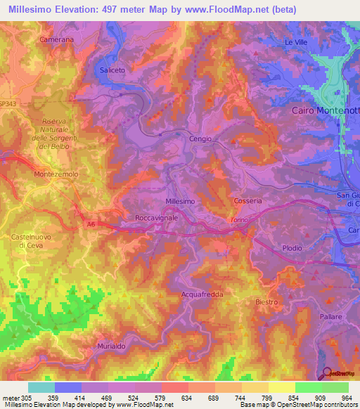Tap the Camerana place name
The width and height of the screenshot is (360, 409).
click(x=57, y=40)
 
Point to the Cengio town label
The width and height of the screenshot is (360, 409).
click(x=200, y=139)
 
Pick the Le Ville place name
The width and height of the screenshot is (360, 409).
click(x=296, y=43)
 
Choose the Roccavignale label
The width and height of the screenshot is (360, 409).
click(x=156, y=219)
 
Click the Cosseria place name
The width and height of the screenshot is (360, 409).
click(x=247, y=201)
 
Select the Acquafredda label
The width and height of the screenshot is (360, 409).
click(x=202, y=294)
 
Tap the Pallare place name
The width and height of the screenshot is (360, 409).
click(x=328, y=317)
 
